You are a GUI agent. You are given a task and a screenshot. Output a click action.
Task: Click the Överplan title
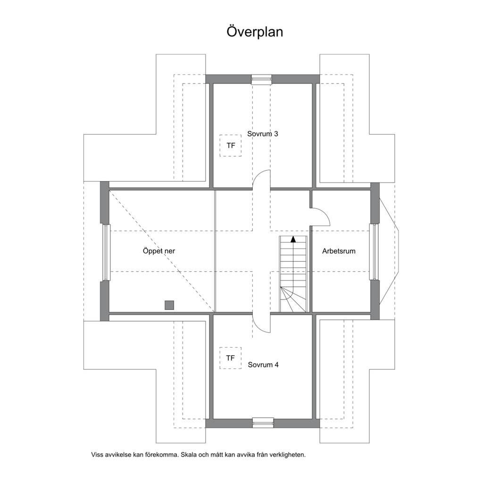click(x=255, y=32)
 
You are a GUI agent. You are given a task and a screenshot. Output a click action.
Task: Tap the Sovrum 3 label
click(x=262, y=133)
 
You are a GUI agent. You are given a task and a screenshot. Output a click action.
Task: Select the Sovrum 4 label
click(x=263, y=365)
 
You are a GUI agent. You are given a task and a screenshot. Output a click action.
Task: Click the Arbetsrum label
click(x=339, y=251)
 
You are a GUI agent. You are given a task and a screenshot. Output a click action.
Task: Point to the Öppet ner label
click(x=158, y=251)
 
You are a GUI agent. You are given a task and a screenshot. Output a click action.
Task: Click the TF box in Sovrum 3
click(x=230, y=145)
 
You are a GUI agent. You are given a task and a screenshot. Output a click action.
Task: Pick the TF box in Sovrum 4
click(x=230, y=358)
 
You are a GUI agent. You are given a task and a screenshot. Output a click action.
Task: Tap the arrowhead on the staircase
click(x=293, y=239)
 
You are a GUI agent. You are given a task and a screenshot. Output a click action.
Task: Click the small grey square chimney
click(x=169, y=305)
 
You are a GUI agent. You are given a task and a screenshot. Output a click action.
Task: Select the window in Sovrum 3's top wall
click(x=261, y=79)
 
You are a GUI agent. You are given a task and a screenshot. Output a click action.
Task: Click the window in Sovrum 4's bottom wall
click(x=263, y=423)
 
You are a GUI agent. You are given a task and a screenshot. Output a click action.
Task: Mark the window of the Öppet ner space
click(x=106, y=253)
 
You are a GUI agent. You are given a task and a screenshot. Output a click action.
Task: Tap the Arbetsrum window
click(x=374, y=252)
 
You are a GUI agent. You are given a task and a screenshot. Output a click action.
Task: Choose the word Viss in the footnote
click(x=97, y=455)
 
